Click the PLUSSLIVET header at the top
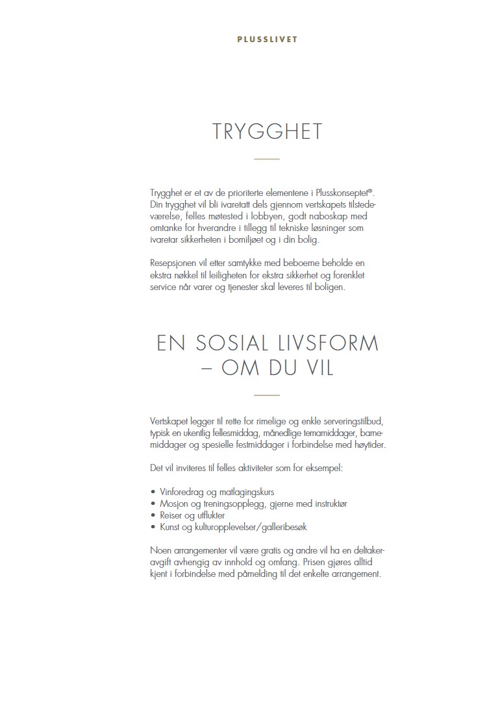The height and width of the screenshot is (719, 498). tap(267, 40)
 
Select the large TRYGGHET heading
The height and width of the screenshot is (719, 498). tap(267, 132)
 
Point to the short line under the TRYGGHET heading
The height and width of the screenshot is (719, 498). tap(267, 160)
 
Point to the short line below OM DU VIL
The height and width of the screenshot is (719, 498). tap(267, 395)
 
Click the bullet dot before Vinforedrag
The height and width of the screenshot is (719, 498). tap(152, 492)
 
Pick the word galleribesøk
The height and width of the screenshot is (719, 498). tap(289, 528)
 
